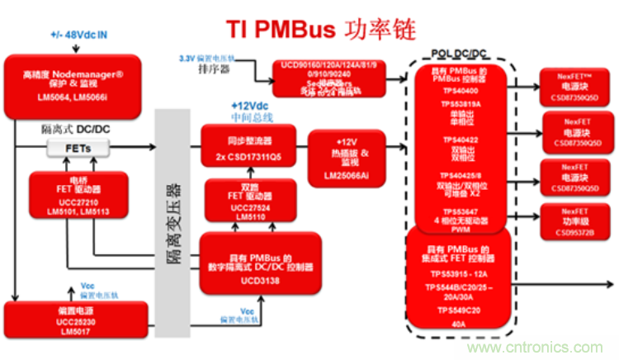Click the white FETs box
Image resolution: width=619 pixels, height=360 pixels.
point(72,147)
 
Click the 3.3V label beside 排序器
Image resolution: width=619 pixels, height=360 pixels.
point(191,57)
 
